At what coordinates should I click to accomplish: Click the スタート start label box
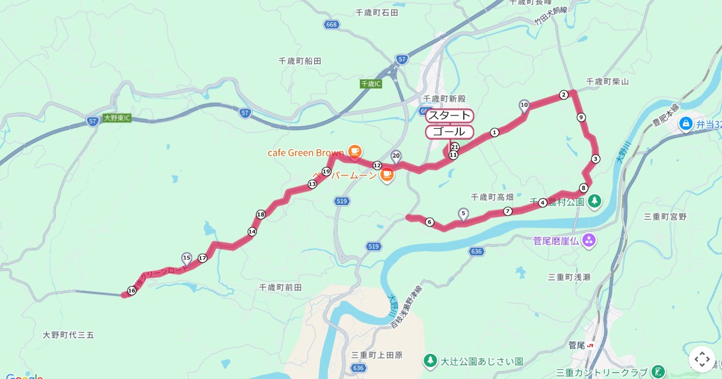(x=449, y=116)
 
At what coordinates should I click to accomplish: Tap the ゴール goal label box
(x=449, y=132)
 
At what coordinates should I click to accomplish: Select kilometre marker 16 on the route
(x=132, y=291)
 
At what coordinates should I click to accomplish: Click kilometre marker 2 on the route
(x=564, y=94)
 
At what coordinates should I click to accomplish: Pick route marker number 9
(x=581, y=117)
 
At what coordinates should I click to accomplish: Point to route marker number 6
(x=430, y=222)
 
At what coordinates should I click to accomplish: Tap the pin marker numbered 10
(x=524, y=106)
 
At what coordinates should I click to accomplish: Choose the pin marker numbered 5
(x=463, y=213)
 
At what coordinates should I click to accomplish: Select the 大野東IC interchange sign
(x=117, y=118)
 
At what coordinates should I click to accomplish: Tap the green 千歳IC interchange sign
(x=371, y=84)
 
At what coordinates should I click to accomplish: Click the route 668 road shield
(x=331, y=25)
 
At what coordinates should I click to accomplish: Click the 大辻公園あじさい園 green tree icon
(x=430, y=362)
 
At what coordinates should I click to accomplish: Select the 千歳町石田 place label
(x=377, y=12)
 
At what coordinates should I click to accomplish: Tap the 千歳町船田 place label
(x=300, y=61)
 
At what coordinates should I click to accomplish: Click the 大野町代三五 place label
(x=69, y=334)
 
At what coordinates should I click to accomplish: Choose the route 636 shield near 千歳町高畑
(x=477, y=251)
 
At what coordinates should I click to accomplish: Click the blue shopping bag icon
(x=685, y=124)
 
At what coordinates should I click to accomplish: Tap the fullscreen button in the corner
(x=702, y=359)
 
